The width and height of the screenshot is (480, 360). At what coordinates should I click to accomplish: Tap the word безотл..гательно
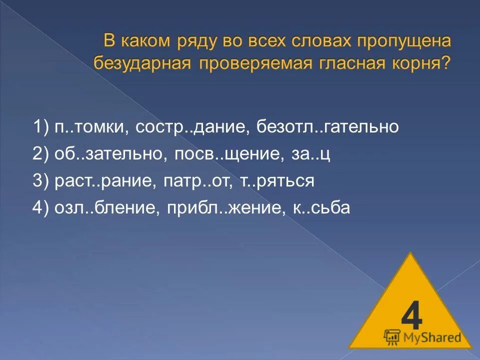click(x=328, y=127)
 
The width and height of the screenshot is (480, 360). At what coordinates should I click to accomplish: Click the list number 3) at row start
click(x=40, y=180)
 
